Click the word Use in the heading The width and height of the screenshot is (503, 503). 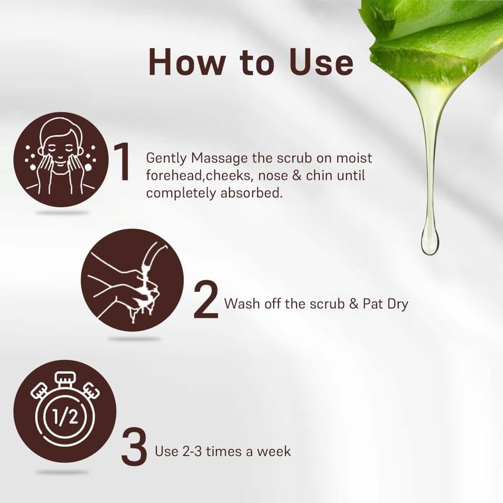321,62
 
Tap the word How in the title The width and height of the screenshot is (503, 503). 187,62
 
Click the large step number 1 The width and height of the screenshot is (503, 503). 122,162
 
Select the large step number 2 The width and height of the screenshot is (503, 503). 206,299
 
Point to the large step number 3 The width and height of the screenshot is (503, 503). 134,446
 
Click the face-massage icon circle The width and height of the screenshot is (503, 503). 61,160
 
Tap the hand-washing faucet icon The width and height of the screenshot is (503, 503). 132,280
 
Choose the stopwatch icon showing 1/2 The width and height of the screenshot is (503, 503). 65,411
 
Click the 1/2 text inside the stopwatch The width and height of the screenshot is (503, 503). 65,417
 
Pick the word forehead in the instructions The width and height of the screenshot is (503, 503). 176,176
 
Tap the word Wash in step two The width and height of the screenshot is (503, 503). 242,304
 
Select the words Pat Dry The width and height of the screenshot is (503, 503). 385,304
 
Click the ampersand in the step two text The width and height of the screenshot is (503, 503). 353,304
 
